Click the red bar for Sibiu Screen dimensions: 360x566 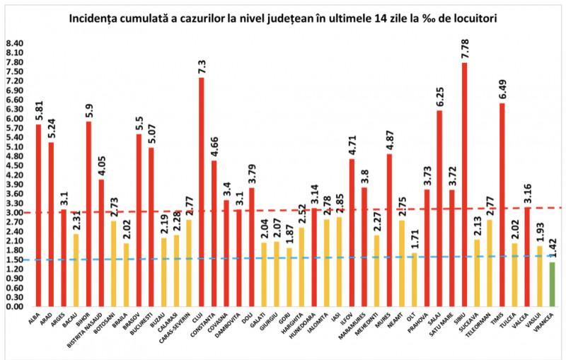pyautogui.click(x=464, y=184)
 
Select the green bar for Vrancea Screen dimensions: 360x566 pyautogui.click(x=552, y=284)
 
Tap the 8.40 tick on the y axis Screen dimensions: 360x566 pyautogui.click(x=14, y=43)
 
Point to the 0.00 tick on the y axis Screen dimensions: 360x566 pyautogui.click(x=14, y=306)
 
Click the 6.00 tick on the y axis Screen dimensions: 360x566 pyautogui.click(x=14, y=118)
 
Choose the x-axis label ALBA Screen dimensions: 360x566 pyautogui.click(x=33, y=318)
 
